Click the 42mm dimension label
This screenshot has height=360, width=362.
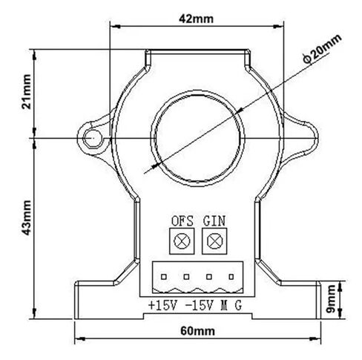(196, 19)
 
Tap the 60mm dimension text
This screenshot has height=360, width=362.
(197, 331)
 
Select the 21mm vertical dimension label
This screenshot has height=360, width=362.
(27, 92)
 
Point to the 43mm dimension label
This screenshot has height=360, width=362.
(27, 217)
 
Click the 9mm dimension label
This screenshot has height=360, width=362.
(331, 299)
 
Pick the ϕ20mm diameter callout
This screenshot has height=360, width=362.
(322, 49)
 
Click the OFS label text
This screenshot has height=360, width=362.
(182, 221)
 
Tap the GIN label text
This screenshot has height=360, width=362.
(214, 221)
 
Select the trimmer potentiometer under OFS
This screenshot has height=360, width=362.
(182, 241)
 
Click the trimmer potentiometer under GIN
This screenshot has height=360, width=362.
(214, 241)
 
